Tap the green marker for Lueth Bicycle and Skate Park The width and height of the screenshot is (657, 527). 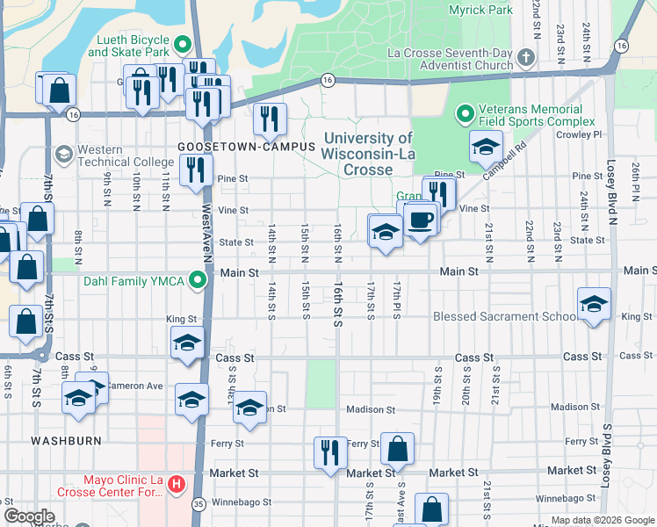click(183, 44)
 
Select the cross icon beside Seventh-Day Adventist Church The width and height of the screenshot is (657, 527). click(525, 58)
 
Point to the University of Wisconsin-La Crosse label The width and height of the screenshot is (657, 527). click(368, 154)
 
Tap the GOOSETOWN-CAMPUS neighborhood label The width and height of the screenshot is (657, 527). click(246, 146)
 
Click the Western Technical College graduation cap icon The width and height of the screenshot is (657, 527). click(63, 155)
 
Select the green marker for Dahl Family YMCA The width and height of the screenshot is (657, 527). click(199, 281)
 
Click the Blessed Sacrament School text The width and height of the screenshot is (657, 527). click(504, 316)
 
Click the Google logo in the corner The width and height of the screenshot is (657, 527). click(29, 516)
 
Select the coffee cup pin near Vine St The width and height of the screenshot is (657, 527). click(421, 219)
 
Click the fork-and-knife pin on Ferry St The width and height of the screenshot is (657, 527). click(330, 452)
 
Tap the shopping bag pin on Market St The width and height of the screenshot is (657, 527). click(398, 449)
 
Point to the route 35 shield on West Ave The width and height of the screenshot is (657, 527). click(199, 503)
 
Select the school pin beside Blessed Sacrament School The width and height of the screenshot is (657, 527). click(595, 304)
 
